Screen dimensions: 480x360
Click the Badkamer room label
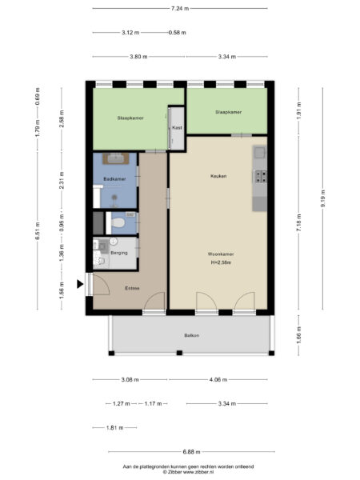coord(114,179)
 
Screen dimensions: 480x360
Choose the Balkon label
coord(190,335)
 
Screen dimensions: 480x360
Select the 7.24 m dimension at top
coord(180,8)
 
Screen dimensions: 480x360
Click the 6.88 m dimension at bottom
coord(192,452)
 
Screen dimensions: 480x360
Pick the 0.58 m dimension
coord(177,33)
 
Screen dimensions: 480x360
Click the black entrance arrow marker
coord(81,283)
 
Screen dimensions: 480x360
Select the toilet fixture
coord(117,222)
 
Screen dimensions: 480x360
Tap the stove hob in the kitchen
coord(259,175)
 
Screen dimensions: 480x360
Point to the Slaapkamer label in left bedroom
coord(130,118)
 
